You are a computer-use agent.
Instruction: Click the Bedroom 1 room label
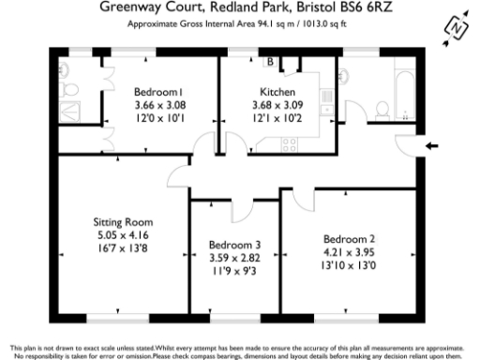(157, 92)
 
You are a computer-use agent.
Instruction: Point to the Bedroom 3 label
(234, 246)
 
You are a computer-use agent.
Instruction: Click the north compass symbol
(456, 28)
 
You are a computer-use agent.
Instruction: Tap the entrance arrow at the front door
(431, 145)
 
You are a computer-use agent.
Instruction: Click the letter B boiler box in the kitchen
(270, 63)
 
